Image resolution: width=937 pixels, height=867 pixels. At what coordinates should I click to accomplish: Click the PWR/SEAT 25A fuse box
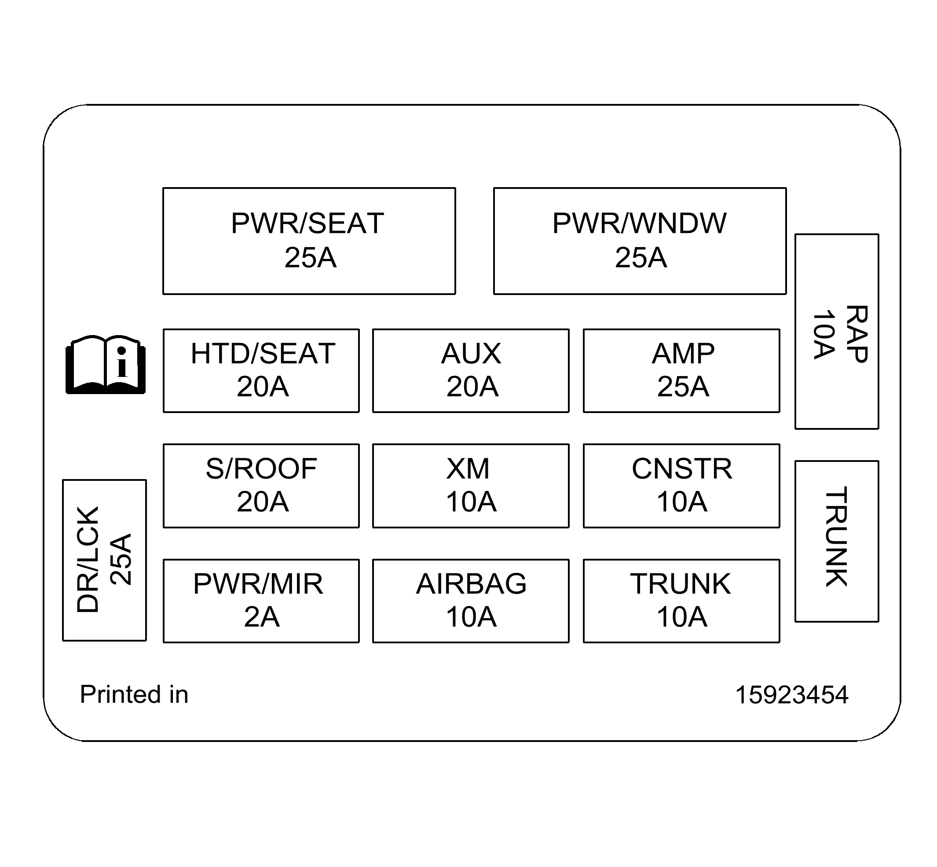click(x=309, y=241)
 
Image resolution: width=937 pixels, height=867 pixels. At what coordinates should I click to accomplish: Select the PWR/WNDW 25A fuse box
click(x=639, y=241)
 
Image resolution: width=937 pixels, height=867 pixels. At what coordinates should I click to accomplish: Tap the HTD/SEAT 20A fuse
click(x=261, y=371)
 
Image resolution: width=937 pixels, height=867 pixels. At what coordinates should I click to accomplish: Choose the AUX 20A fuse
click(x=471, y=371)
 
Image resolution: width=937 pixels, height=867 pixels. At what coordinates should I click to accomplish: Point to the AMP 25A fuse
click(x=681, y=371)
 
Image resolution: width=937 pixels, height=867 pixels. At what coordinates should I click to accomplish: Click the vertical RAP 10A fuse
click(x=837, y=331)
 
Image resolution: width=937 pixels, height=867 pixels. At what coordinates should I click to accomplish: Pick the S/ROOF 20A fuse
click(x=261, y=486)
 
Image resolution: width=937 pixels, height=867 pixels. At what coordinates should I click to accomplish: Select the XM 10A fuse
click(x=471, y=486)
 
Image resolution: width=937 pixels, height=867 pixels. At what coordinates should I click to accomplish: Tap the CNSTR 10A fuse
click(x=681, y=486)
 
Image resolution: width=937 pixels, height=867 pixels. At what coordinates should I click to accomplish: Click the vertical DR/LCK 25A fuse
click(x=104, y=560)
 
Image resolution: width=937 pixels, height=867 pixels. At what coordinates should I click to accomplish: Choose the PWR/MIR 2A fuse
click(x=261, y=601)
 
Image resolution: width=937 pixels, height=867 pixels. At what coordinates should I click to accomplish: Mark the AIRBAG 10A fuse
click(x=471, y=601)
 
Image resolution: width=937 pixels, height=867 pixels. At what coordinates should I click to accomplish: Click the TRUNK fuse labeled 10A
click(x=681, y=601)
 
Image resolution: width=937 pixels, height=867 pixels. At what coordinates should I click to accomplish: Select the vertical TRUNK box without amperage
click(x=837, y=541)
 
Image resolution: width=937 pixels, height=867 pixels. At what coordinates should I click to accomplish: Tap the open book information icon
click(x=106, y=365)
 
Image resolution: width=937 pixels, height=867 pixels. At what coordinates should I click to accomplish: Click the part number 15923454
click(x=791, y=695)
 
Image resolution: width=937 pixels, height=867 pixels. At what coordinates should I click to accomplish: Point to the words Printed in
click(x=134, y=694)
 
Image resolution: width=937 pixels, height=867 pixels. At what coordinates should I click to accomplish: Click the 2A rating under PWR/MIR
click(x=262, y=616)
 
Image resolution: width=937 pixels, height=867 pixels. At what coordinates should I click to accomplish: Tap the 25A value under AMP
click(x=682, y=387)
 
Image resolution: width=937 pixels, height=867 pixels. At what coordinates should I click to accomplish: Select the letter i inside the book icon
click(x=122, y=362)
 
